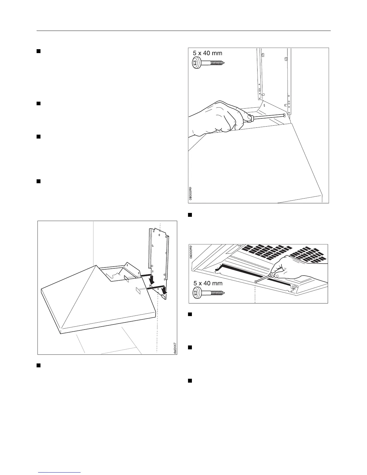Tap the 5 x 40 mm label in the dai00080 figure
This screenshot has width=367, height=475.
tap(207, 53)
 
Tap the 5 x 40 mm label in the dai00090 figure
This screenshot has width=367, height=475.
tap(207, 283)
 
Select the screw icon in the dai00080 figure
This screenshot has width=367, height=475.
tap(208, 63)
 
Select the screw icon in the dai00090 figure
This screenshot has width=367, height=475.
tap(208, 292)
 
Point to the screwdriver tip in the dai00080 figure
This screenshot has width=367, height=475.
tap(283, 115)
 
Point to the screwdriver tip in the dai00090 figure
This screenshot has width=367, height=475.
tap(255, 282)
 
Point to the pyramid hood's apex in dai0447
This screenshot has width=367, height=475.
tap(95, 265)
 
